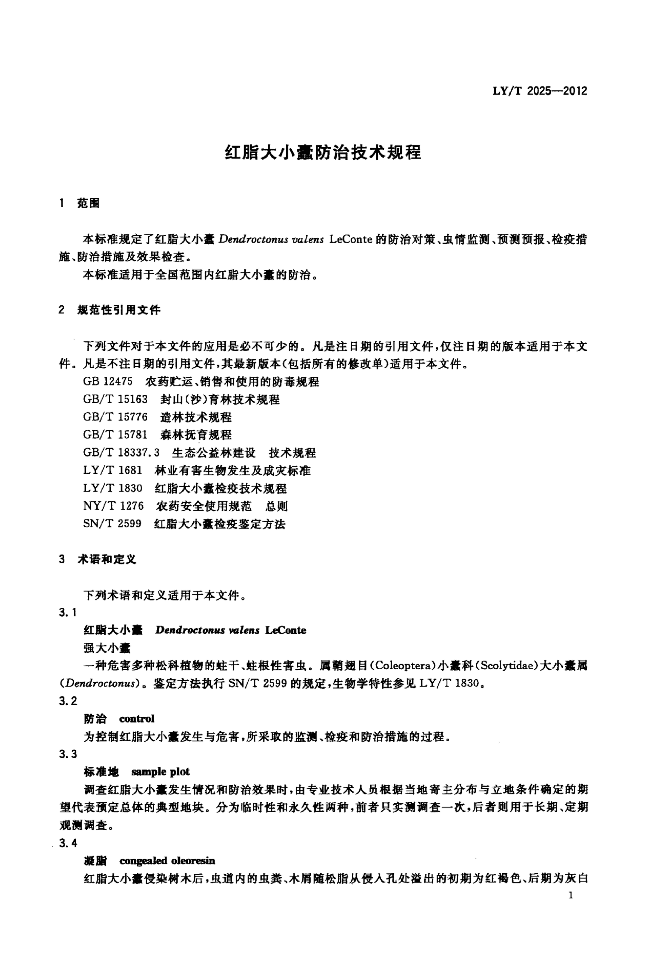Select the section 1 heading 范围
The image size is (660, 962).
tap(88, 203)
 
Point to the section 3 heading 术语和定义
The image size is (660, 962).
tap(107, 560)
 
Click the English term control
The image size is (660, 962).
tap(137, 719)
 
